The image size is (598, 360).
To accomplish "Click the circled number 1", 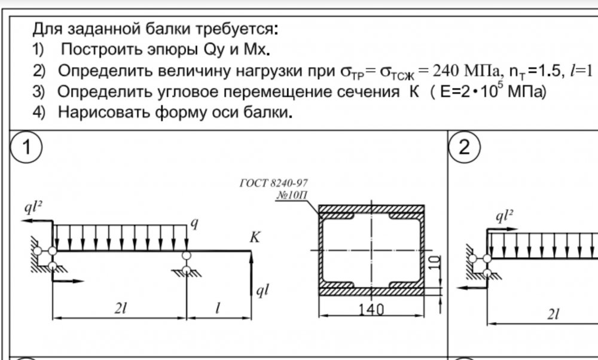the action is pos(26,147).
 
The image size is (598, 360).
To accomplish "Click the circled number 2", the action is pos(464,147).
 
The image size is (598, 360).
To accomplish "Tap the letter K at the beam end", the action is pos(254,237).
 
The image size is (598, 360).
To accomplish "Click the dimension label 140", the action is pos(371,309).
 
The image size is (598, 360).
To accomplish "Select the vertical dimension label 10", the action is pos(434,263).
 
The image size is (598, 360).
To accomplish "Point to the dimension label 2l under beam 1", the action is pos(120,308).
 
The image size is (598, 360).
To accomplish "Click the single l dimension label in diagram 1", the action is pos(218,308).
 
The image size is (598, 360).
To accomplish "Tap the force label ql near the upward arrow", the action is pos(263,291).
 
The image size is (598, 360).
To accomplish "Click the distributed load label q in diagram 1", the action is pos(194,223).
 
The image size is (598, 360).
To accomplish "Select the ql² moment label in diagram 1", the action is pos(33,207).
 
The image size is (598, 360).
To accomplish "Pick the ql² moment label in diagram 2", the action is pos(504,216).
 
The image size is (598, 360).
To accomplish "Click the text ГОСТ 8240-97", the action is pos(273,184).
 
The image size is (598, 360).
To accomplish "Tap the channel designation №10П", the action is pos(292,195).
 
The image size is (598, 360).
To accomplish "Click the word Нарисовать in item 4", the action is pos(103,112).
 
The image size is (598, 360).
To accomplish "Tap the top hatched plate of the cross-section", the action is pos(371,209).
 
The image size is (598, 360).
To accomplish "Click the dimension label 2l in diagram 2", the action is pos(553,314).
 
